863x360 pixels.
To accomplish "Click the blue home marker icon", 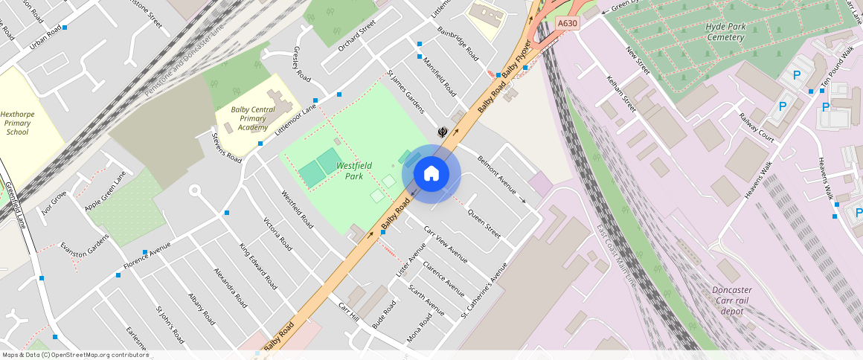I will pyautogui.click(x=431, y=174).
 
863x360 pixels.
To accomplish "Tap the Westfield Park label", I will pyautogui.click(x=350, y=171).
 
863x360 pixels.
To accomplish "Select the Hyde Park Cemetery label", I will pyautogui.click(x=725, y=32).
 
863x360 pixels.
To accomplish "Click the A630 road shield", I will pyautogui.click(x=568, y=24).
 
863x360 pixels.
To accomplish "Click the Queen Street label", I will pyautogui.click(x=484, y=223).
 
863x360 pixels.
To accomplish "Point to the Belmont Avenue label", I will pyautogui.click(x=497, y=176).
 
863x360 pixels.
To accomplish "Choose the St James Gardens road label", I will pyautogui.click(x=405, y=93).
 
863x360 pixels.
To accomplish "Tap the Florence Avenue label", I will pyautogui.click(x=147, y=254).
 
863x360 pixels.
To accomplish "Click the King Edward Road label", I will pyautogui.click(x=257, y=265).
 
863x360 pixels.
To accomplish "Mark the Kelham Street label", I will pyautogui.click(x=621, y=93).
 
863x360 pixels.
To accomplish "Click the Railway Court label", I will pyautogui.click(x=756, y=126).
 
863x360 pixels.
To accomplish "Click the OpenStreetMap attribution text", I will pyautogui.click(x=76, y=355).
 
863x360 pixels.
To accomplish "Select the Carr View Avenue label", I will pyautogui.click(x=445, y=244).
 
